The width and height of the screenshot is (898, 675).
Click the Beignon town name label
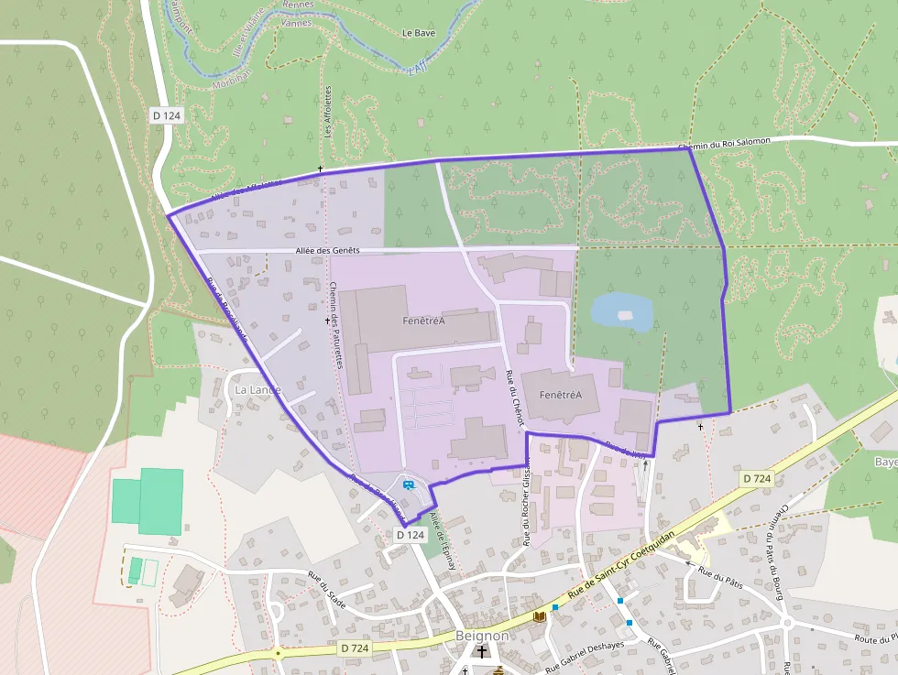coord(482,636)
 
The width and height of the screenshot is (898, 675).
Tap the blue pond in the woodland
coord(621,313)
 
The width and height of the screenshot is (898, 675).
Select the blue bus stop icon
coord(408,484)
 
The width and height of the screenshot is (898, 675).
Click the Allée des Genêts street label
coord(328,250)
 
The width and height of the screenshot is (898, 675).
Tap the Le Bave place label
coord(419,33)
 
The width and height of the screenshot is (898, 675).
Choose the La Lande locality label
coord(257,389)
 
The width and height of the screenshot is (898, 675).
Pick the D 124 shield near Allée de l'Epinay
coord(411,534)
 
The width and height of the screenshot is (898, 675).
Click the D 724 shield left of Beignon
coord(356,648)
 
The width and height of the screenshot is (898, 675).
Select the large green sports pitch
coord(148,500)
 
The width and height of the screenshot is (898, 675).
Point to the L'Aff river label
coord(419,66)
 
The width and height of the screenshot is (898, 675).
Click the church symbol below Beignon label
coord(483,652)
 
